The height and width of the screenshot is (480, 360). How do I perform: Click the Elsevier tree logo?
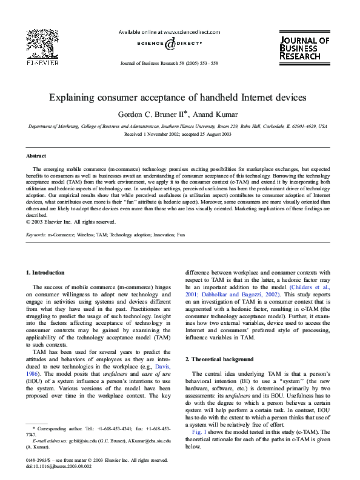(42, 42)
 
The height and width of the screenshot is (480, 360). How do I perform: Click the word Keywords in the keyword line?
(36, 233)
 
